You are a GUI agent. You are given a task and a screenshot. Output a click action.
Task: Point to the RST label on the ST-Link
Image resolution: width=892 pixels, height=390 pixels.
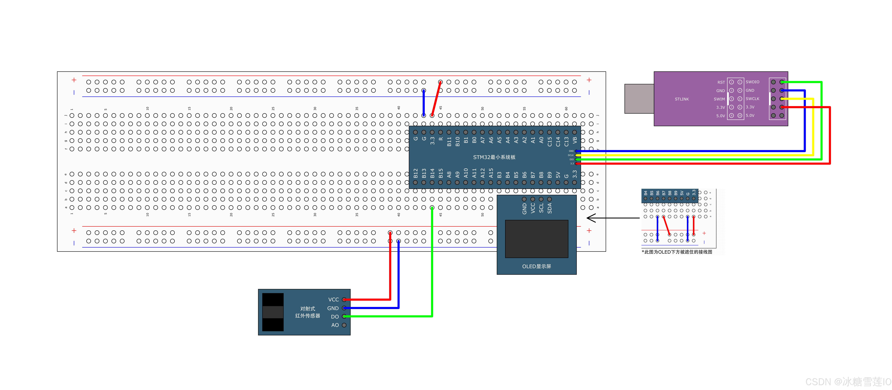(x=721, y=82)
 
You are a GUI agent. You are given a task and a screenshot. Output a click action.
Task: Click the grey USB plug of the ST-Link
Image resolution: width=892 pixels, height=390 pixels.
(x=639, y=99)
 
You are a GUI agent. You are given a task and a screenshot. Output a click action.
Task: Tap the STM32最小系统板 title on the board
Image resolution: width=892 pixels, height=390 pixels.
(x=494, y=157)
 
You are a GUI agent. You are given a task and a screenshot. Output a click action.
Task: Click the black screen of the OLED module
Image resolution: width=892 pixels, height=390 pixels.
(x=536, y=239)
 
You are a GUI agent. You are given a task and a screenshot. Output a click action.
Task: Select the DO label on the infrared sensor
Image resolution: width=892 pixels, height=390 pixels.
(x=335, y=317)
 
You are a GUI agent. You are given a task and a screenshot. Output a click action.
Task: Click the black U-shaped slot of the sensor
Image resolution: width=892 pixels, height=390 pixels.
(x=273, y=312)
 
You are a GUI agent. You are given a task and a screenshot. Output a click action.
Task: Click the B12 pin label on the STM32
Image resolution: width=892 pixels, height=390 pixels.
(x=416, y=173)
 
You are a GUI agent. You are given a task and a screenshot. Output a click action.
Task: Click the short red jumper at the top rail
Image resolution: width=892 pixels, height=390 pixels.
(x=436, y=99)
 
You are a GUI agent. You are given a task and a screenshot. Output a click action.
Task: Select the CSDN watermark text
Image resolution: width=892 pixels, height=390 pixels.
(x=848, y=382)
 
